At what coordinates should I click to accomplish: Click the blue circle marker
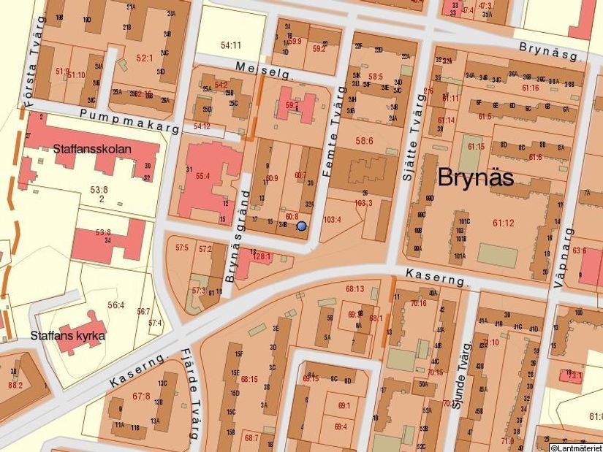[x=301, y=226]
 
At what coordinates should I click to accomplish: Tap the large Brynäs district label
[x=475, y=177]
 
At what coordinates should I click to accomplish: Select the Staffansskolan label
[x=91, y=149]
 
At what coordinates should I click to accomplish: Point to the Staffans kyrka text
[x=68, y=336]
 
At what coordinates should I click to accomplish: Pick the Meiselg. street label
[x=264, y=69]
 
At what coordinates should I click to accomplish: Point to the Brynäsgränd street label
[x=236, y=236]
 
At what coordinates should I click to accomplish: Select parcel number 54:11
[x=231, y=46]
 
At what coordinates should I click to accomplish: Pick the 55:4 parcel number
[x=202, y=175]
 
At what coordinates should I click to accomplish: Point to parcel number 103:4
[x=333, y=218]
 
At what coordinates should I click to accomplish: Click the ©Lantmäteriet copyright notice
[x=575, y=447]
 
